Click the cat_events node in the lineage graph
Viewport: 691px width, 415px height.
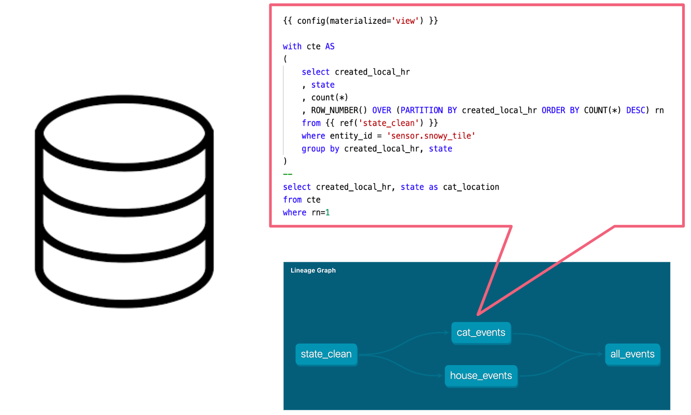click(x=481, y=333)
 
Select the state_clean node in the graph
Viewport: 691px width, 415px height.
click(x=326, y=354)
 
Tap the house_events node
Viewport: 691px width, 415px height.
click(x=481, y=376)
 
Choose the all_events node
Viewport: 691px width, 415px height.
click(x=632, y=354)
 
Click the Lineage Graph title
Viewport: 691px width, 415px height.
click(x=313, y=270)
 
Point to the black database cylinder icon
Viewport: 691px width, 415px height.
click(x=124, y=201)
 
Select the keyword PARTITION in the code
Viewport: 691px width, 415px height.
click(x=421, y=110)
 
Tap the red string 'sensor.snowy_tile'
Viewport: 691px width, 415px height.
click(x=431, y=136)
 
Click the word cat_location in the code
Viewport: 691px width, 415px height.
click(x=471, y=187)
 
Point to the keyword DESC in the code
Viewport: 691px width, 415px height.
click(x=636, y=110)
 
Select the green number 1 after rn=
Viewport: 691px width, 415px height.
click(x=328, y=212)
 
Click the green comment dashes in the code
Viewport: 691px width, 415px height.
click(x=287, y=174)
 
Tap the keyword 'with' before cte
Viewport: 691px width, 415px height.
click(x=292, y=46)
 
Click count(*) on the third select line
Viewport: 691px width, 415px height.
click(x=329, y=98)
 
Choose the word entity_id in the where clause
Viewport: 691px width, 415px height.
click(x=351, y=136)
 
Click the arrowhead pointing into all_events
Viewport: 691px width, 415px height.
click(x=600, y=354)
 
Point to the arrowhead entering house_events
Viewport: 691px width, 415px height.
click(x=440, y=375)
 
